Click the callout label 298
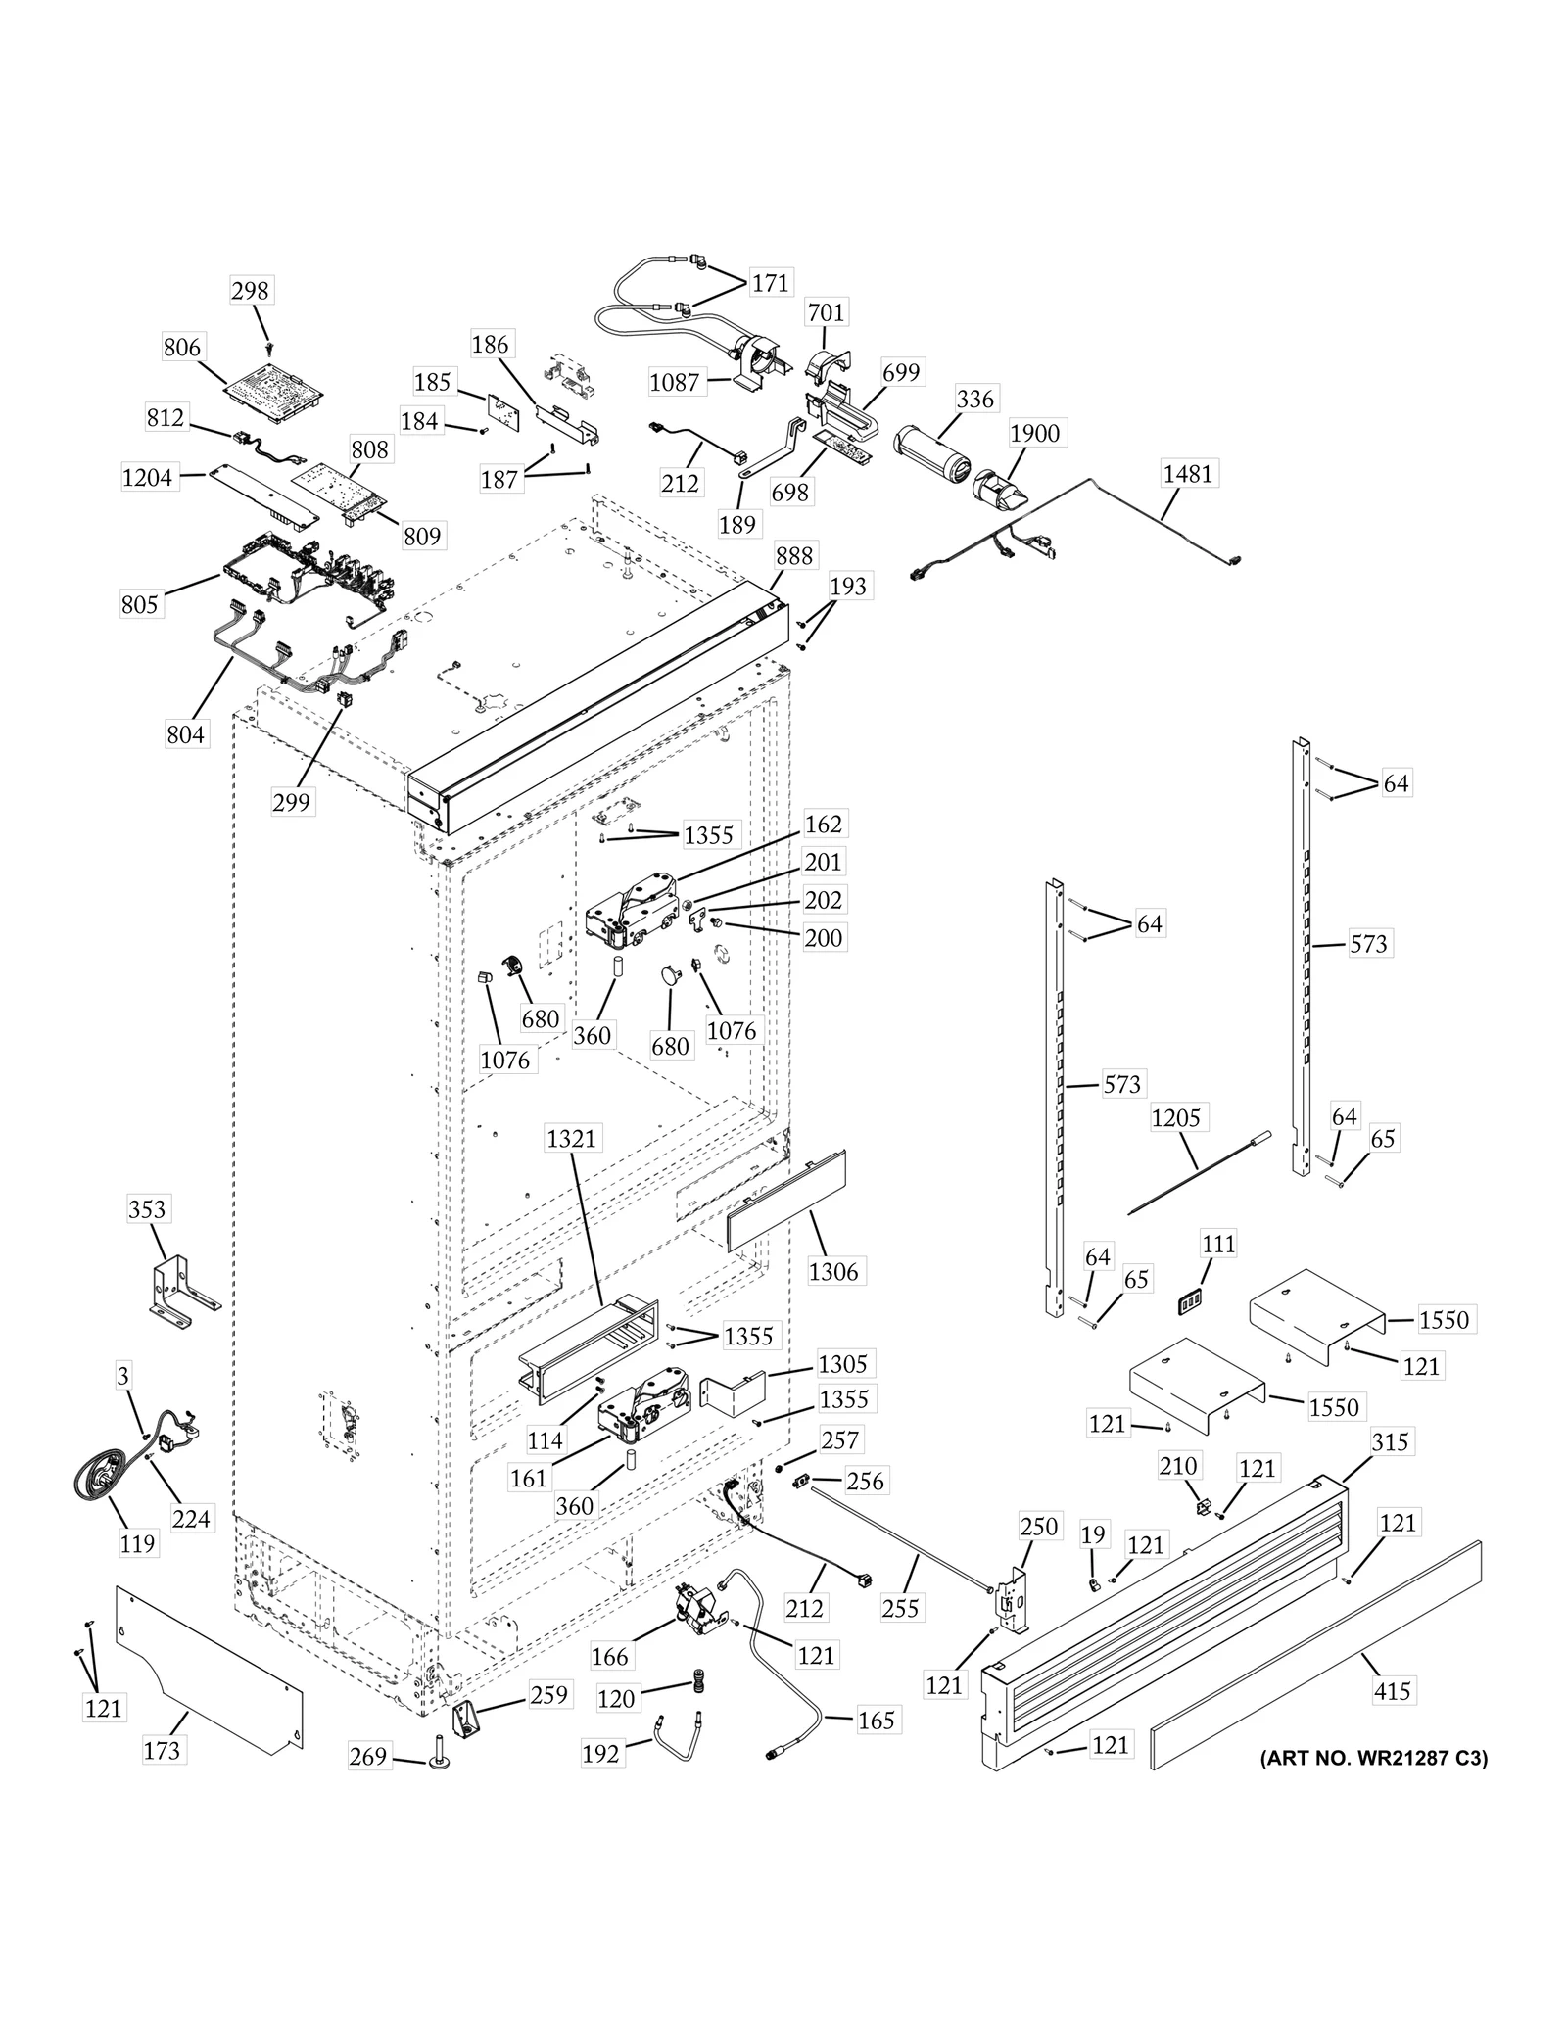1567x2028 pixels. [251, 290]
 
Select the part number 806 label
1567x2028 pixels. [182, 347]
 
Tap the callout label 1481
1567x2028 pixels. [1187, 473]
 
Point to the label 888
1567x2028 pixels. [793, 555]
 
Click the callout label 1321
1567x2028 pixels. [571, 1139]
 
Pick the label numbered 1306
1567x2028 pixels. [833, 1271]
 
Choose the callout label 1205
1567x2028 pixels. [1175, 1117]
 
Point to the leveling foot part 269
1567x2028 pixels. [433, 1758]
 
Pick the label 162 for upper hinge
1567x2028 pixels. [823, 824]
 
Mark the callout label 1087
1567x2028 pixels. [675, 382]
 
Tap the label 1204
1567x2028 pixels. [147, 477]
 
